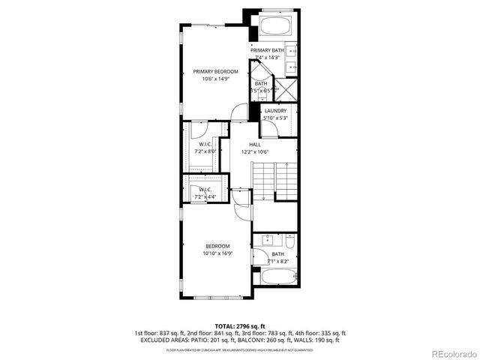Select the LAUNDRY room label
click(x=275, y=111)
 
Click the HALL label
click(x=255, y=144)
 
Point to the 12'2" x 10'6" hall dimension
click(x=255, y=151)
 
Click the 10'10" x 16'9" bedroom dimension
click(x=218, y=253)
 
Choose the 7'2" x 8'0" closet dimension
click(x=205, y=151)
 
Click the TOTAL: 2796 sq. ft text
click(x=240, y=327)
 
